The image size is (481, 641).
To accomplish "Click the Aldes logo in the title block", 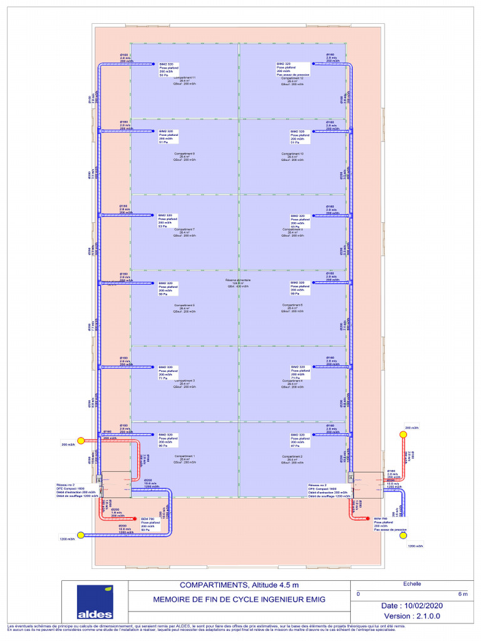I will [95, 602].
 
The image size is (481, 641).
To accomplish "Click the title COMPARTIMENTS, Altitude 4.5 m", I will [239, 585].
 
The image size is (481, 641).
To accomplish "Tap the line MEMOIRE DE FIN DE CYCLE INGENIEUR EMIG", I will [239, 600].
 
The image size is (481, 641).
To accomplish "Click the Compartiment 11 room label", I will [185, 78].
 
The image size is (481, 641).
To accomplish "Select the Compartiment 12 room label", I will [292, 78].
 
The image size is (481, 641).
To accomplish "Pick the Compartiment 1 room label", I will [185, 456].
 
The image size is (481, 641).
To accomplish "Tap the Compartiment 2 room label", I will [292, 456].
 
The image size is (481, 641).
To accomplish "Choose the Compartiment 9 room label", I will [185, 153].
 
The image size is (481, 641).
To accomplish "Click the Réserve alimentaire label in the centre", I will [238, 280].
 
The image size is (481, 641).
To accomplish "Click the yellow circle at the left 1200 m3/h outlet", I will [80, 536].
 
